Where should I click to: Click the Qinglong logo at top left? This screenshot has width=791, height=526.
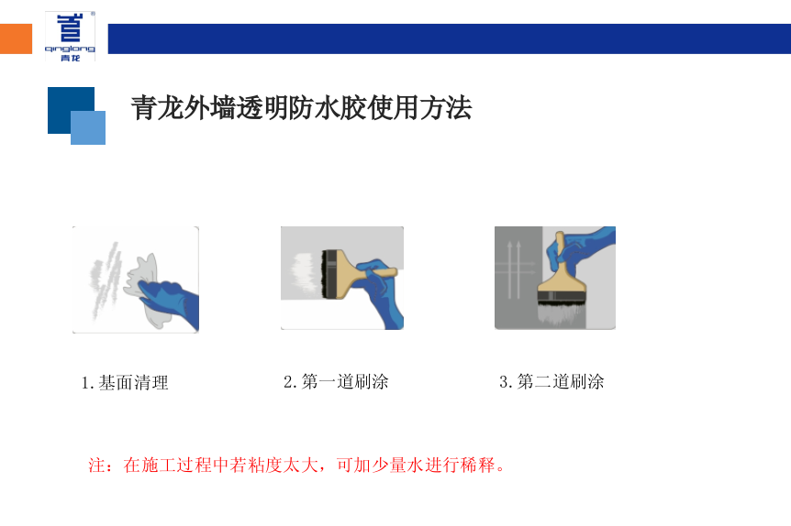(70, 38)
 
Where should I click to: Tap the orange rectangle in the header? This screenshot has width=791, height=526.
(16, 39)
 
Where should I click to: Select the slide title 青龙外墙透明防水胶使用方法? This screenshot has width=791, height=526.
(301, 108)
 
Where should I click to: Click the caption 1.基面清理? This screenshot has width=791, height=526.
(125, 383)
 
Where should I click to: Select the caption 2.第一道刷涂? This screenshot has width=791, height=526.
(336, 381)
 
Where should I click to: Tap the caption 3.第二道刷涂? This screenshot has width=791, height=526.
(551, 381)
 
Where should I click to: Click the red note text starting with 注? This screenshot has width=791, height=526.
(297, 465)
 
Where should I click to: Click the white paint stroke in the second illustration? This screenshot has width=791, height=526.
(300, 272)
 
